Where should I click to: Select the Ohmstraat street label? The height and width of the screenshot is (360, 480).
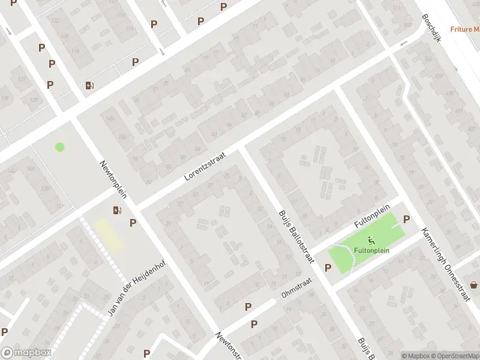pyautogui.click(x=296, y=289)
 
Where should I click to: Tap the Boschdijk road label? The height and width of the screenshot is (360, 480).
pyautogui.click(x=431, y=28)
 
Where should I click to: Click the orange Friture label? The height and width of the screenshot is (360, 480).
pyautogui.click(x=466, y=29)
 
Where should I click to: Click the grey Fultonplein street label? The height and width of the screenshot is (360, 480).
pyautogui.click(x=369, y=219)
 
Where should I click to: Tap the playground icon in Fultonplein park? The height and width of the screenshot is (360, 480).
pyautogui.click(x=371, y=239)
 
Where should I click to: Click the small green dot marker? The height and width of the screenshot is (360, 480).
pyautogui.click(x=59, y=146)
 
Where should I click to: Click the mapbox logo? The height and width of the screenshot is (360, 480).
pyautogui.click(x=26, y=353)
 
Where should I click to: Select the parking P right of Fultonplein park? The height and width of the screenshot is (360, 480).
pyautogui.click(x=406, y=220)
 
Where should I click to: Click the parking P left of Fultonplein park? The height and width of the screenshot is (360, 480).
pyautogui.click(x=328, y=268)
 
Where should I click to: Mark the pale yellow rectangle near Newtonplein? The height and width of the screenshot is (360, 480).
pyautogui.click(x=109, y=235)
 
